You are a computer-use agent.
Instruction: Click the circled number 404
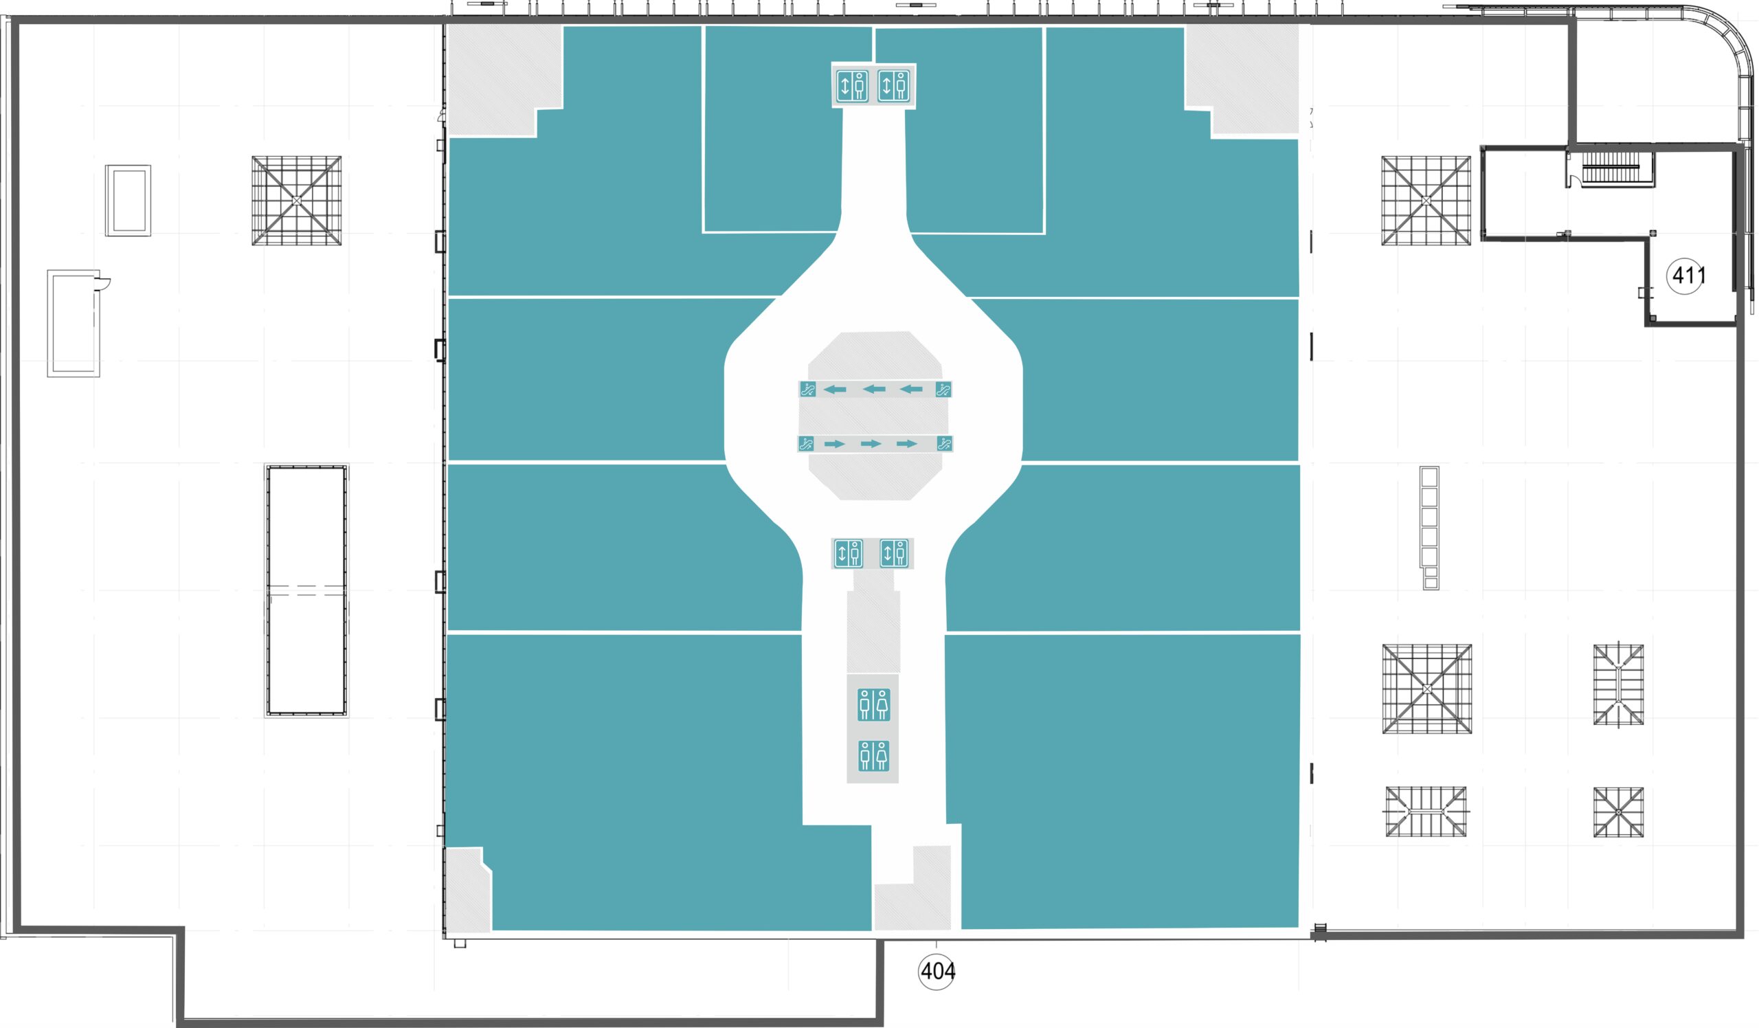tap(937, 971)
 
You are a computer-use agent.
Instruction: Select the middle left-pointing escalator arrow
tap(874, 390)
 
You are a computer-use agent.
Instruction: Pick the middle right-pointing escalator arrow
tap(871, 444)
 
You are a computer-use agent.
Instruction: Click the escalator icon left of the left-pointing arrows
tap(807, 390)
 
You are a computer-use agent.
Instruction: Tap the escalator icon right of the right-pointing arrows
tap(944, 444)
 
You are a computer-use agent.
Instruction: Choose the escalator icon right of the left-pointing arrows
tap(943, 390)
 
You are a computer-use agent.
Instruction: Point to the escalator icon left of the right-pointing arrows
tap(806, 444)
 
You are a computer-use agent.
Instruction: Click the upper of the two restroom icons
tap(873, 705)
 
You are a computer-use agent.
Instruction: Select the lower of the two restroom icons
tap(873, 756)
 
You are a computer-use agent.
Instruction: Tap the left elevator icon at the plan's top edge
tap(852, 86)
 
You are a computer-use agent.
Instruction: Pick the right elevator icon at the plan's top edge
tap(893, 86)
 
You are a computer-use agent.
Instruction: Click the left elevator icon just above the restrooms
tap(849, 553)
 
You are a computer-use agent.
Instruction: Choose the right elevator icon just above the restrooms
tap(894, 553)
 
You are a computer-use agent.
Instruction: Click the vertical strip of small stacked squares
tap(1430, 528)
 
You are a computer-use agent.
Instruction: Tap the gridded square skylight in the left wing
tap(297, 201)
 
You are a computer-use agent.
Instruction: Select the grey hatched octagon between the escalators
tap(875, 416)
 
